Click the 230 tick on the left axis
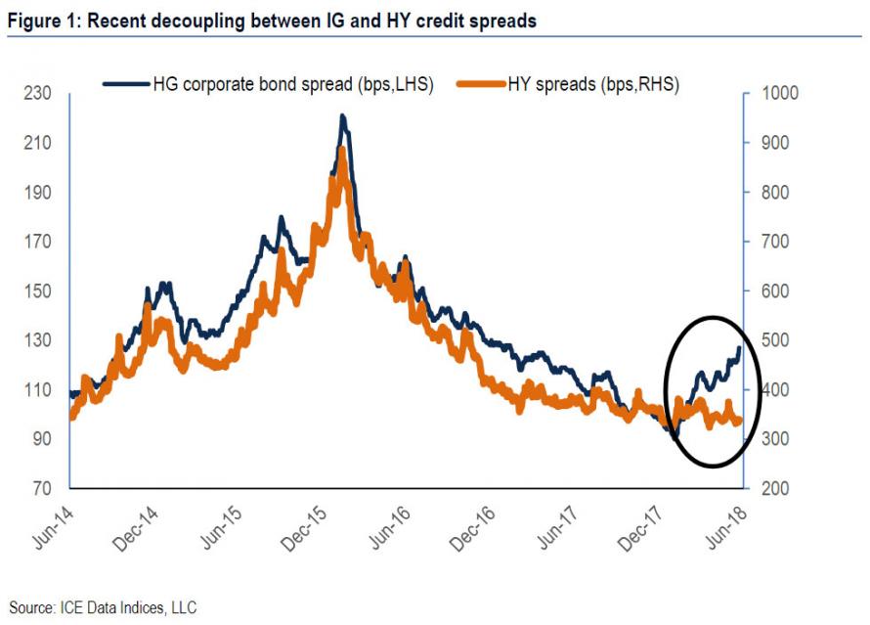click(39, 94)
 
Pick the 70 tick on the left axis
click(43, 488)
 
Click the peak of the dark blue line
click(342, 115)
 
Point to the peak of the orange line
click(341, 150)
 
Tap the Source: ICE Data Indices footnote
click(103, 607)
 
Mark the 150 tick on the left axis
click(39, 291)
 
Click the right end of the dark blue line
click(738, 348)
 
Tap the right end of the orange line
click(739, 421)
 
